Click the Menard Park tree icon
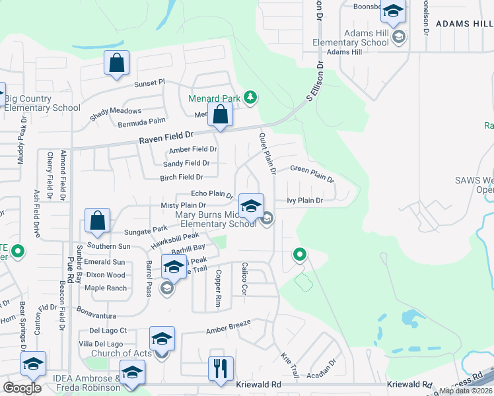(x=250, y=98)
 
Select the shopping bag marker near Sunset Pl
(x=116, y=63)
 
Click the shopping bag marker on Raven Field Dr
(x=220, y=115)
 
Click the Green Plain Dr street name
(x=312, y=174)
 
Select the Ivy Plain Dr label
(x=304, y=200)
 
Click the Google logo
(x=22, y=387)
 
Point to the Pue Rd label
(x=71, y=253)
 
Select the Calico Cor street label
(x=243, y=278)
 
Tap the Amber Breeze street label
(x=230, y=329)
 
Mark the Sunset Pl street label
(x=149, y=82)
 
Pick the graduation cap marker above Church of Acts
(x=162, y=339)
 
